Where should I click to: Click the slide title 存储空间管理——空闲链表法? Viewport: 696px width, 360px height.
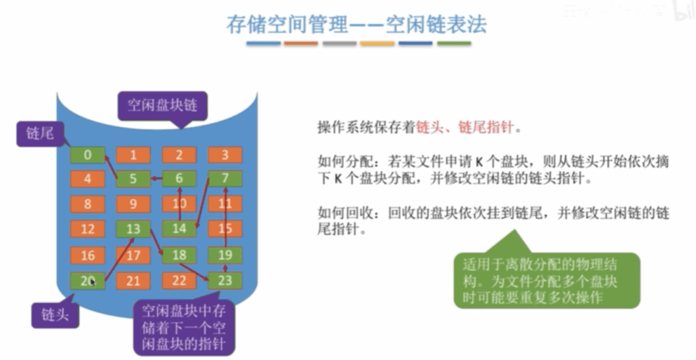coord(356,24)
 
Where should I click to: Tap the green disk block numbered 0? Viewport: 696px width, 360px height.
coord(88,155)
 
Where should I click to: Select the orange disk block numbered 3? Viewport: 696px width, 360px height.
coord(225,155)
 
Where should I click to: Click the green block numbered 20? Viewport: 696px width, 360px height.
coord(88,281)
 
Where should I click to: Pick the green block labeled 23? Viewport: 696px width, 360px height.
coord(225,281)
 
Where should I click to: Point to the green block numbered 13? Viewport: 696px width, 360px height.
coord(133,229)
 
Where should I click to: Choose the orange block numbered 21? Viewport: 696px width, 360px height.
coord(133,281)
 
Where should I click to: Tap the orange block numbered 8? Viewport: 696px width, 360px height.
coord(88,204)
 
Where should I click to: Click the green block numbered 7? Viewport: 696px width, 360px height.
coord(225,179)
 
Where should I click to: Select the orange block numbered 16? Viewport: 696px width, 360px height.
coord(88,255)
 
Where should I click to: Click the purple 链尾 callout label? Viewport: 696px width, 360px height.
coord(41,133)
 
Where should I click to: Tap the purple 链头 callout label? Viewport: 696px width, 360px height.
coord(55,315)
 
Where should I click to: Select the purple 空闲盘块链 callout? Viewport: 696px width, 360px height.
coord(162,106)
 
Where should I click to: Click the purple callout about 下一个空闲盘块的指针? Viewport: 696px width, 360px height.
coord(184,327)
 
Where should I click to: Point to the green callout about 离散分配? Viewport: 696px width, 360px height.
coord(547,281)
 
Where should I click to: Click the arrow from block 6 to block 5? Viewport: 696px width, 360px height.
coord(156,179)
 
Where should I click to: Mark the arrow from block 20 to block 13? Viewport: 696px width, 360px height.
coord(119,259)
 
